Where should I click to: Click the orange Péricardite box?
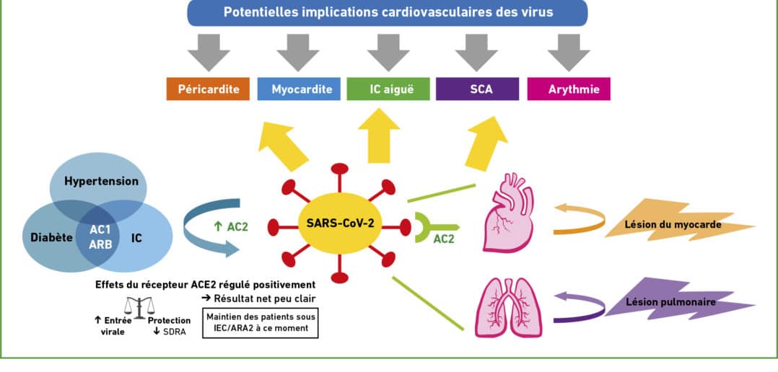click(x=208, y=89)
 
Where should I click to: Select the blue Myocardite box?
click(x=299, y=89)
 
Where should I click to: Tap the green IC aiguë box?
click(x=388, y=89)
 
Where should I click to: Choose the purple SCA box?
click(x=477, y=89)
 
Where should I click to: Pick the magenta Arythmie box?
click(x=569, y=89)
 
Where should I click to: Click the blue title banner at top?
click(x=388, y=12)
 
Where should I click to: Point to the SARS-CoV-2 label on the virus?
click(x=340, y=223)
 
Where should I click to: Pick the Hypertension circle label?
click(x=101, y=181)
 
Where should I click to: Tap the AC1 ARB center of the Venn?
click(x=101, y=236)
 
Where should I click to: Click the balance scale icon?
click(x=139, y=308)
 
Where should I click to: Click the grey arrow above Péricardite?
click(x=209, y=53)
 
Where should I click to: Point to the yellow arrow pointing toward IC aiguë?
click(x=379, y=136)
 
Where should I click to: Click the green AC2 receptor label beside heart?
click(x=444, y=239)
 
